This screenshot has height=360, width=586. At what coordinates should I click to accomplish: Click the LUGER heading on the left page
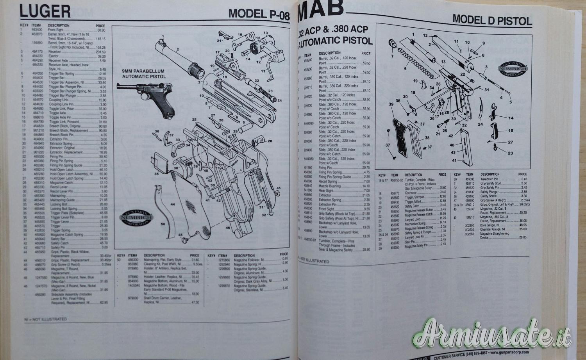(45, 11)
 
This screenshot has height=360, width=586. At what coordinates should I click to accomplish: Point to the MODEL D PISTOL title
(492, 20)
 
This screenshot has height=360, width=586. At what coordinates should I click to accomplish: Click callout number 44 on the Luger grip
(173, 204)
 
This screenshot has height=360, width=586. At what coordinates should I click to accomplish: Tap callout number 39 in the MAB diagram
(391, 104)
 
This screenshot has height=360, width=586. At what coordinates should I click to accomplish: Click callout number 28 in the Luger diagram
(269, 141)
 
